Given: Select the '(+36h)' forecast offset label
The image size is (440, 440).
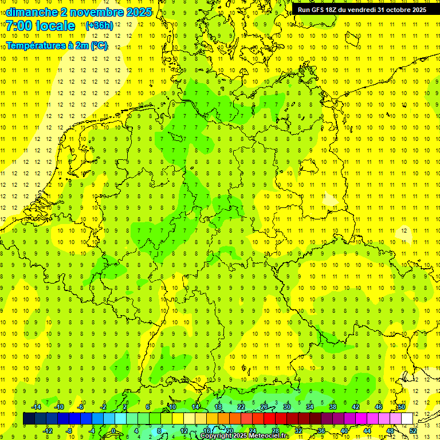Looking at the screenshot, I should coord(99,26).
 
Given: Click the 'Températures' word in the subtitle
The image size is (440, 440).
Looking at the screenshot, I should coord(35,45).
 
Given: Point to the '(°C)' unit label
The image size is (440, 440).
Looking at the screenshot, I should coord(97,45).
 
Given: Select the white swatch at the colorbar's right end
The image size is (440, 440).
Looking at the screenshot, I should coord(407,419).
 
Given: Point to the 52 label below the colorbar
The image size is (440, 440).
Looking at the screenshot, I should coord(414,431).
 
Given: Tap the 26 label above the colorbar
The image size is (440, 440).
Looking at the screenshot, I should coord(264,407).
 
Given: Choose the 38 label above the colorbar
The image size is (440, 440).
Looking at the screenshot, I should coord(333,407).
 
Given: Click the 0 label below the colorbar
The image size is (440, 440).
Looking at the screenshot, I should coord(113,431).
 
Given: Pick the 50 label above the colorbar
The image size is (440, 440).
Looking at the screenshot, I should coord(402,407).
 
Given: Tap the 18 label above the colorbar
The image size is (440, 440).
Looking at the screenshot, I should coord(218,407).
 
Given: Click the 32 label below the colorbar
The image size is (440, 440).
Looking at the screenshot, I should coord(298,431).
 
